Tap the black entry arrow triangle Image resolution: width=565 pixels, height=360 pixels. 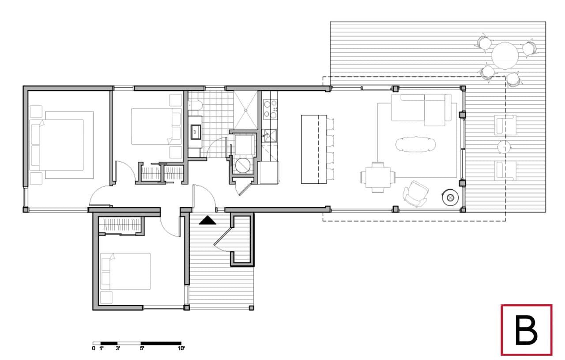click(x=207, y=220)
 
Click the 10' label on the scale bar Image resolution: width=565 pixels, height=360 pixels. click(x=181, y=349)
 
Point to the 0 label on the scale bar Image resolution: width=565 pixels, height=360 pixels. click(x=94, y=349)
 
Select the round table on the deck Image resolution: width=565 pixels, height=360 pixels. click(x=505, y=56)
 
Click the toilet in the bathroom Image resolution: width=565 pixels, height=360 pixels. click(x=196, y=105)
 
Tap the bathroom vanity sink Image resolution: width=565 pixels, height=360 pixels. click(x=196, y=132)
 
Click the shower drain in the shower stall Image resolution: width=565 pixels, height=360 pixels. click(x=245, y=110)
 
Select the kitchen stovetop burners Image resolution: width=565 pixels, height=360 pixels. click(x=270, y=109)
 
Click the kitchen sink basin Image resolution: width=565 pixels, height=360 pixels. click(x=270, y=136)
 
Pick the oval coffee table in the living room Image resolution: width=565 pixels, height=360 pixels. click(x=415, y=144)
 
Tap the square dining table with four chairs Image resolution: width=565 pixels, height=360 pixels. click(x=377, y=177)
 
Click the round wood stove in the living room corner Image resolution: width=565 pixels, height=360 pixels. click(x=450, y=197)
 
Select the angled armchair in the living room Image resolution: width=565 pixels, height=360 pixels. click(x=415, y=194)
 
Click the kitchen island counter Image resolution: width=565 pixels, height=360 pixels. click(x=314, y=149)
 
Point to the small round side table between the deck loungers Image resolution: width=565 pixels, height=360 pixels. click(x=504, y=147)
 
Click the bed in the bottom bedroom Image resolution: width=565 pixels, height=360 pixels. click(x=125, y=271)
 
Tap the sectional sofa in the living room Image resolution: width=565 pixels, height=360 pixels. click(x=421, y=110)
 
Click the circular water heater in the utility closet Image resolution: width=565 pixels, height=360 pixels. click(x=243, y=165)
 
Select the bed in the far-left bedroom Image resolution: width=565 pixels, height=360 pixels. click(x=62, y=145)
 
